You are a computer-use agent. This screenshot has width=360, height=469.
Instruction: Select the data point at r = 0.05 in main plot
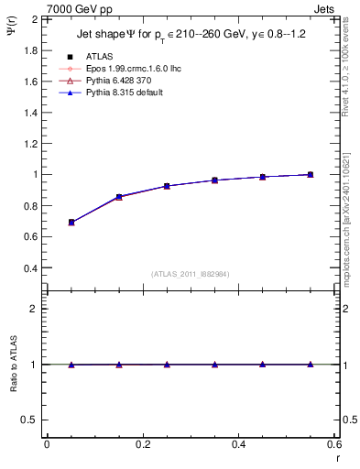71,222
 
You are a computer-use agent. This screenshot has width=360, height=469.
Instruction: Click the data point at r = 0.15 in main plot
119,197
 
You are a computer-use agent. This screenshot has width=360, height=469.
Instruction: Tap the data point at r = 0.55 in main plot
311,174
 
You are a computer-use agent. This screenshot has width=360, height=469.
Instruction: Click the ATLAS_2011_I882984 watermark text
191,274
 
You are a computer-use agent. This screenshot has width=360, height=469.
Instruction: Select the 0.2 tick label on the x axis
142,444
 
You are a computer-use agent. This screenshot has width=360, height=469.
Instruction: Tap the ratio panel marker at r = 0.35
215,365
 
